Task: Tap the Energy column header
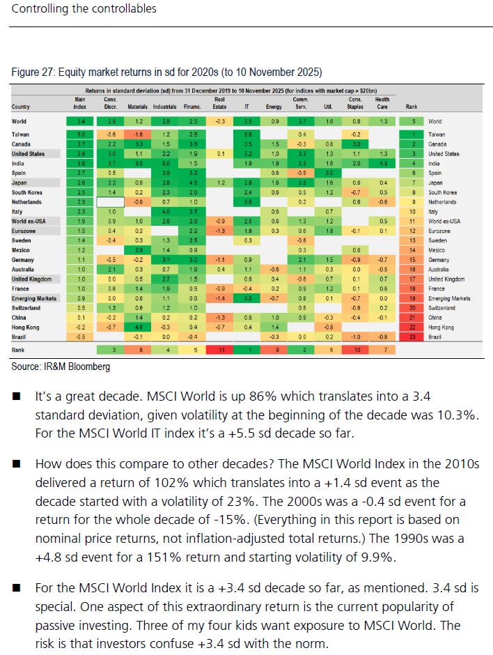(x=273, y=107)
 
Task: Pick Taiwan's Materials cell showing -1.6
(x=139, y=134)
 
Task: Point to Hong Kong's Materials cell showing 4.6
(x=139, y=326)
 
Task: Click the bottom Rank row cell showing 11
(x=219, y=350)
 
